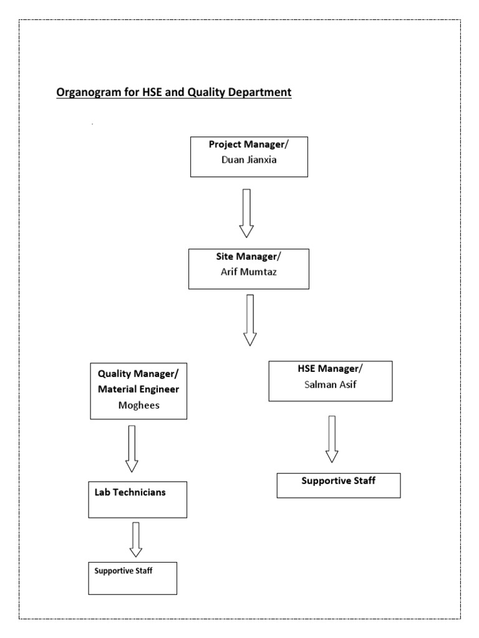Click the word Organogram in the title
(85, 93)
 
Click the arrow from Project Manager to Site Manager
(246, 213)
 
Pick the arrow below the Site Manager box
(250, 320)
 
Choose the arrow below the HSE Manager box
(332, 439)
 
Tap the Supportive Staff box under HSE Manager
(338, 485)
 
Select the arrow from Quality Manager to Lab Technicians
(132, 449)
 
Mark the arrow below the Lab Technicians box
(135, 540)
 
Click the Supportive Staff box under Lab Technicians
(133, 578)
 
